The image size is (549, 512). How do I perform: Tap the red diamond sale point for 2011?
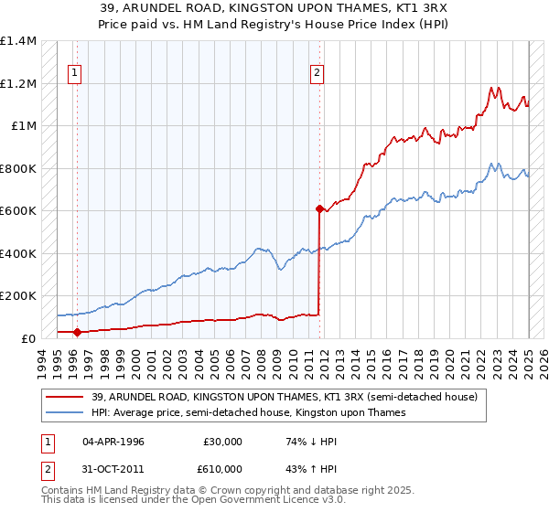[x=318, y=208]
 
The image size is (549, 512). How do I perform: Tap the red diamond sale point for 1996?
[x=77, y=333]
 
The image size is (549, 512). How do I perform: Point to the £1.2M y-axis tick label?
[x=18, y=83]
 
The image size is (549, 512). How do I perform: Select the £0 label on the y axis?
[x=27, y=338]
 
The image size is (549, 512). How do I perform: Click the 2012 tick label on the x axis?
[x=322, y=361]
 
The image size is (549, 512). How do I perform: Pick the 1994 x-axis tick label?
[x=42, y=361]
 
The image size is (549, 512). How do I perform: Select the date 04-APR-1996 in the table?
[x=113, y=442]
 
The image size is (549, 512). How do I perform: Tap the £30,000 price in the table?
[x=223, y=442]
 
